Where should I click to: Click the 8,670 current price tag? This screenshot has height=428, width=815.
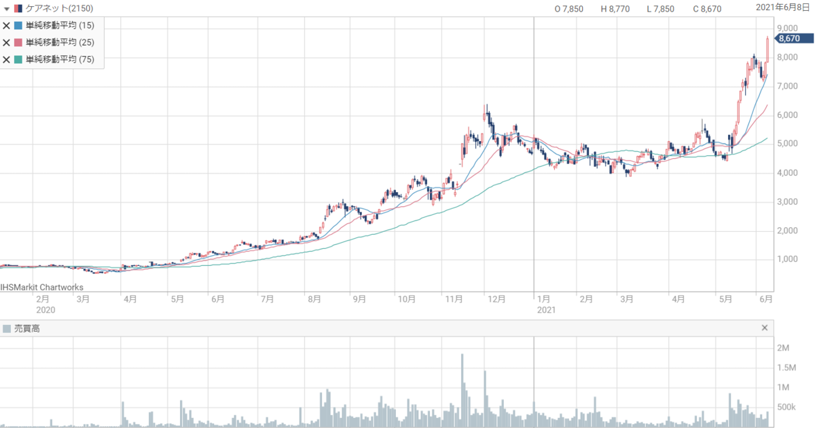pos(793,39)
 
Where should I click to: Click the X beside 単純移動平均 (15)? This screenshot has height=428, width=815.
pos(6,26)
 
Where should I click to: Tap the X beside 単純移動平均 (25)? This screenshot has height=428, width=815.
pos(6,43)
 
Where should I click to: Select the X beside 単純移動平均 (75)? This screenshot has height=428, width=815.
pos(6,60)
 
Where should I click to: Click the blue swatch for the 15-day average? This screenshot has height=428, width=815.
pos(18,25)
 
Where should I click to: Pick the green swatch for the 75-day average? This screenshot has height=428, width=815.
pos(18,59)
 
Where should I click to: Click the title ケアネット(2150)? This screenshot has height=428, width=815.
pos(59,8)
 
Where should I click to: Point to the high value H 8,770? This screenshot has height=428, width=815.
pos(615,9)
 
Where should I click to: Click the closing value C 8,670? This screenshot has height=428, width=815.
pos(707,9)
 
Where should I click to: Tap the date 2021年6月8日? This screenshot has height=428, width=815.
pos(782,7)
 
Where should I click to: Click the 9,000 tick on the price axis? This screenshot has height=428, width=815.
pos(787,28)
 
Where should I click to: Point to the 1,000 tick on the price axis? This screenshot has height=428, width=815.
pos(787,259)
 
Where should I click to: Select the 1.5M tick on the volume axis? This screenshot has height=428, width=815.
pos(786,368)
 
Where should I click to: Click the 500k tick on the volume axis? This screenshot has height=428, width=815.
pos(786,407)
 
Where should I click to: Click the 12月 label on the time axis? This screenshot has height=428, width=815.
pos(496,299)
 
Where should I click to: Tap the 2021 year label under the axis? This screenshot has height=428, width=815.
pos(547,310)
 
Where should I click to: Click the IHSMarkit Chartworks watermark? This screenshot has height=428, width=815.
pos(42,288)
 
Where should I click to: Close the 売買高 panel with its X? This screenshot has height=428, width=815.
pos(765,328)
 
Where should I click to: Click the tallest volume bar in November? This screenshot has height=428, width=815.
pos(462,390)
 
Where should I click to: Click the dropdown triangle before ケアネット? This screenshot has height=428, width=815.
pos(7,9)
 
